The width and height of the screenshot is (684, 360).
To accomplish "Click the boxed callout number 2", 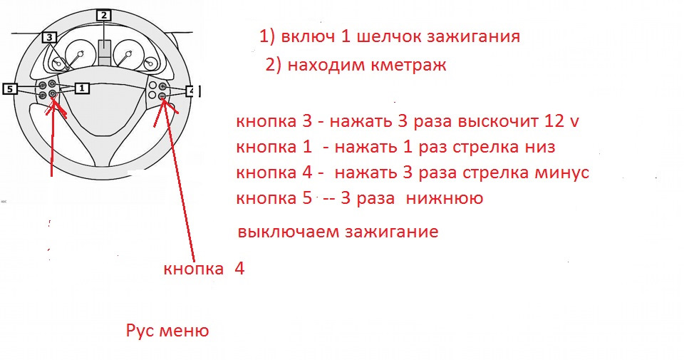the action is (104, 15).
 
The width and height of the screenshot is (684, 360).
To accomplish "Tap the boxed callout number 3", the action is (49, 37).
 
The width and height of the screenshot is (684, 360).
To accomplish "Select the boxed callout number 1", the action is (81, 88).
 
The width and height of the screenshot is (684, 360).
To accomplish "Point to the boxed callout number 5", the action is (10, 88).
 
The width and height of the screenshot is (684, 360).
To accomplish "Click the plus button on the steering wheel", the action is (162, 86).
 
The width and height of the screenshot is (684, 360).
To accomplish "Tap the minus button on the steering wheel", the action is (162, 96).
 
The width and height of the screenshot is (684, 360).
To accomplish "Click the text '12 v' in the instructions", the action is (564, 122).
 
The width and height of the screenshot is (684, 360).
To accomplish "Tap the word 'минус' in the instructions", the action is (564, 173).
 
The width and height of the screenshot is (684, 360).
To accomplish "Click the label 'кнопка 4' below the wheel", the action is (204, 269).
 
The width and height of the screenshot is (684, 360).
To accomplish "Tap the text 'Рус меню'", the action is (167, 331).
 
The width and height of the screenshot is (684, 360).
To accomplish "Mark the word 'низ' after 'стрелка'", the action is (539, 148).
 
